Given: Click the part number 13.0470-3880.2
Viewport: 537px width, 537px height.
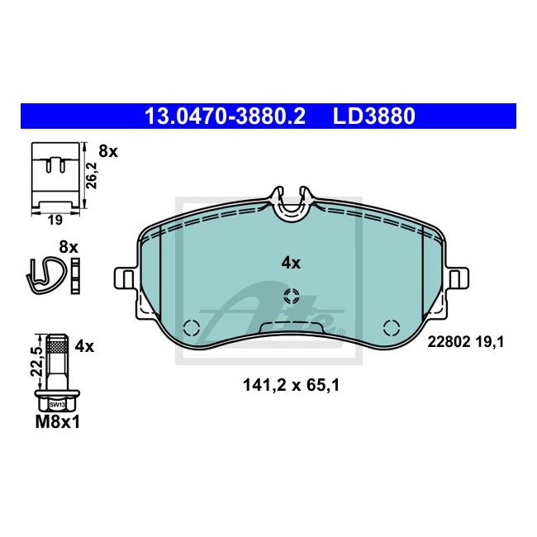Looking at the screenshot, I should point(225,116).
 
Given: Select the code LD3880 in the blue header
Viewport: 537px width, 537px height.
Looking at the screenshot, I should point(373,116).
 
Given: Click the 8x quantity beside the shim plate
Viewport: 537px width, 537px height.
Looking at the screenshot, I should point(108,152).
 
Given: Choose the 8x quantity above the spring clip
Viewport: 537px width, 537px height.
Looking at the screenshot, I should point(69,246).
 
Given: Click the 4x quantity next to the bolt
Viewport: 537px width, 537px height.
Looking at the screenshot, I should point(84,347).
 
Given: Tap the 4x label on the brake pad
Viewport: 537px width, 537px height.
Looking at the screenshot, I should point(291,263).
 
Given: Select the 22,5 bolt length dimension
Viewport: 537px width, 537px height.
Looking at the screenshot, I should point(35,357).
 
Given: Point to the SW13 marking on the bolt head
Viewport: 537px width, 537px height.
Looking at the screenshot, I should point(56,405).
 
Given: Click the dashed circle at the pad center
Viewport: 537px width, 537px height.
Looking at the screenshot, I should point(291,296).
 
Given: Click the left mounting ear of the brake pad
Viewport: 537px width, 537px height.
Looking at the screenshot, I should point(124,278).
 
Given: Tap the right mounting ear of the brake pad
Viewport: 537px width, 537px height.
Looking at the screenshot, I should point(457,278).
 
